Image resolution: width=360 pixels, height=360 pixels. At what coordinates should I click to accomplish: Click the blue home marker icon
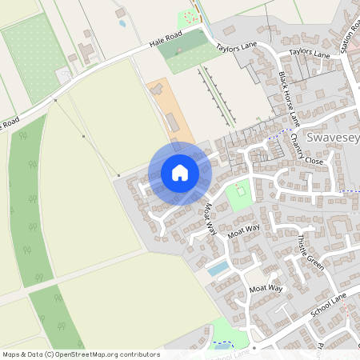click(x=180, y=172)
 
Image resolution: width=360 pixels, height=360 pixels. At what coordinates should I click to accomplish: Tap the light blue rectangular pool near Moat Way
click(x=217, y=268)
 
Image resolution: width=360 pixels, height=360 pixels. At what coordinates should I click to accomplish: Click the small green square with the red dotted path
click(x=238, y=192)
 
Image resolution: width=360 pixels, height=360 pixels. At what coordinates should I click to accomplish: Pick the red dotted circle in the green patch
click(x=190, y=15)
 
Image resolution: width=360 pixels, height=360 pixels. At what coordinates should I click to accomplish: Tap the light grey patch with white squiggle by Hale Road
click(x=63, y=75)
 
